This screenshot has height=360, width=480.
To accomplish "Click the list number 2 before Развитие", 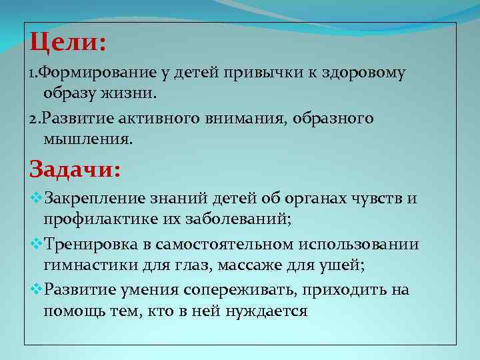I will pyautogui.click(x=34, y=119).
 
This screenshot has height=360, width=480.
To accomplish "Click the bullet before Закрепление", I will pyautogui.click(x=35, y=198).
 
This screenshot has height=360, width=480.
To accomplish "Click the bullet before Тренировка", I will pyautogui.click(x=35, y=244).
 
